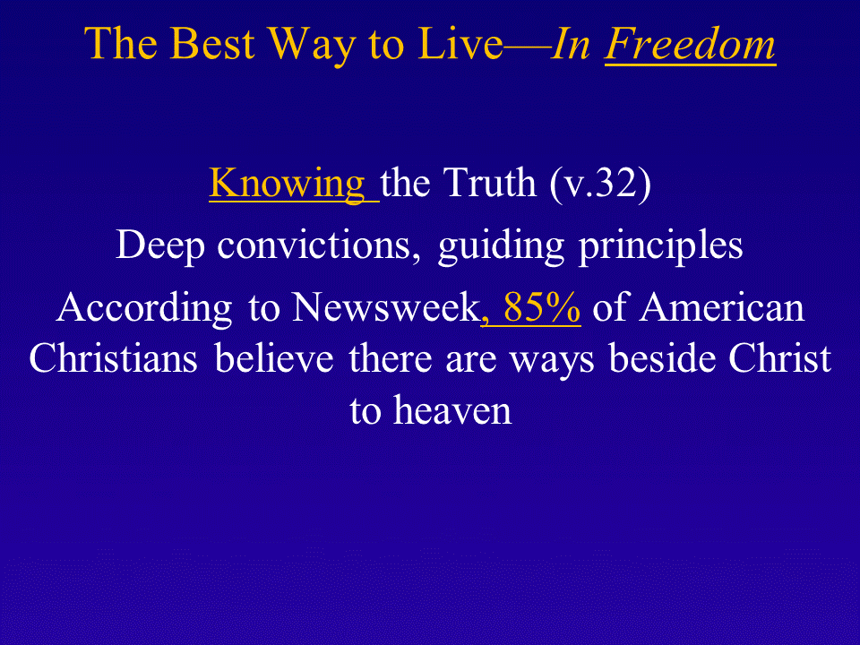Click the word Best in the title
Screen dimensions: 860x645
pos(212,43)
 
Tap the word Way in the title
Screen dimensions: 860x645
pos(312,47)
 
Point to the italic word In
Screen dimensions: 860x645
pos(571,43)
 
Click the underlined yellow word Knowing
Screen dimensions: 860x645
pos(287,185)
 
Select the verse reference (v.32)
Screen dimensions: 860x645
pos(600,185)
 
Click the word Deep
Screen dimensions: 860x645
pos(159,247)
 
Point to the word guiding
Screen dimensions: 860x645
pos(501,247)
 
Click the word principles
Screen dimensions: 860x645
pos(661,247)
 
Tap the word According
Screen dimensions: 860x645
pos(144,309)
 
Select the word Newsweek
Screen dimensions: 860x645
pos(385,307)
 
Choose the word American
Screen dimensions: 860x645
pos(722,307)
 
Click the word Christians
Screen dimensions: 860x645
pos(113,358)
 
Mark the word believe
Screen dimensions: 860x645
pos(274,358)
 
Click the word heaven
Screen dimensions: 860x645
pos(452,410)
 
